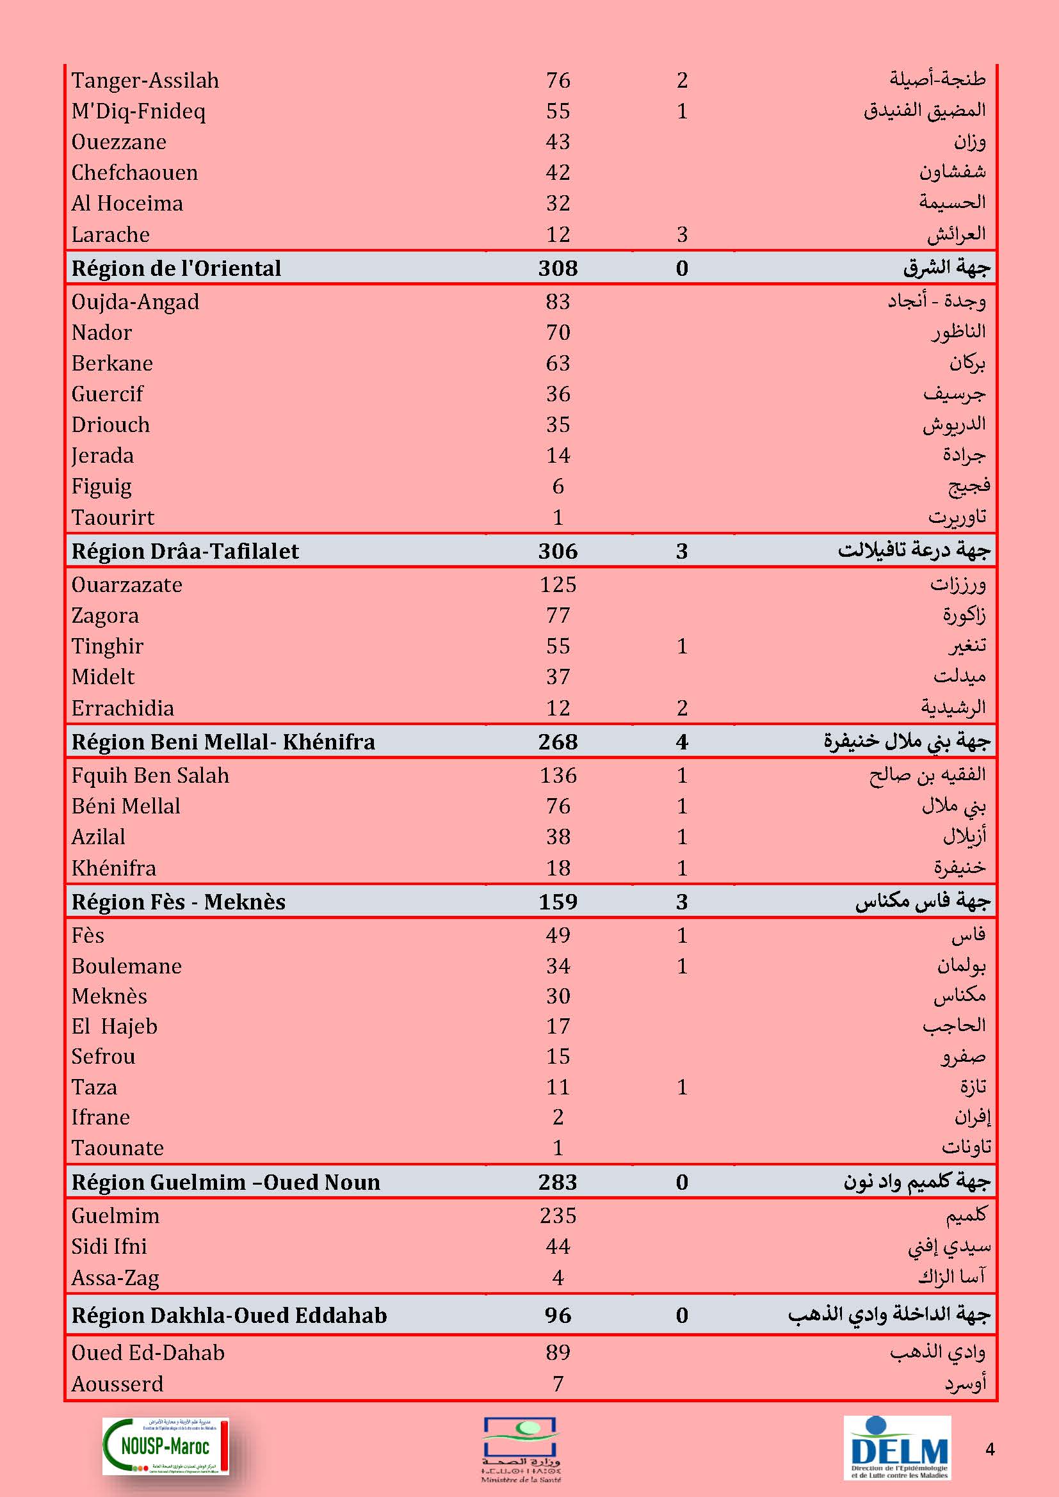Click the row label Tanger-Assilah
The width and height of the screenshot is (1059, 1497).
pos(145,80)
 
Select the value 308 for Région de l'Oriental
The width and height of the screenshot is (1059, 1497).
pos(558,268)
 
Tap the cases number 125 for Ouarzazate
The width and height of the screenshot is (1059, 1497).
pos(558,584)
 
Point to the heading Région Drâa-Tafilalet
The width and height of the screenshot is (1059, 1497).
pos(184,551)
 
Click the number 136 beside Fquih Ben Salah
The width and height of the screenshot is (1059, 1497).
pos(558,775)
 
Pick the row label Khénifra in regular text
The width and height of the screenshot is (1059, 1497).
pos(113,868)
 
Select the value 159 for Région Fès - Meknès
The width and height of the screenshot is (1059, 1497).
pos(558,902)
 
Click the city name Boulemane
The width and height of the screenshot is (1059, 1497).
pos(127,966)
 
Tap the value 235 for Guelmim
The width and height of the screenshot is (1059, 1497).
pos(558,1215)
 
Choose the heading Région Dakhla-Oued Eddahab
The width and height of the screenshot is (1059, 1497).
pos(229,1315)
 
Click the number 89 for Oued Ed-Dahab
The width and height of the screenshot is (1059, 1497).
pos(558,1352)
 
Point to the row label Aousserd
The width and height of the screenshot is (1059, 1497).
pos(117,1384)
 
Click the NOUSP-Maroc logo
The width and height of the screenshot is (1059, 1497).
pos(166,1446)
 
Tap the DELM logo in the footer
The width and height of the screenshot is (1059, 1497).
pos(897,1447)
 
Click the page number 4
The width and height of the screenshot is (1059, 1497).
pos(990,1450)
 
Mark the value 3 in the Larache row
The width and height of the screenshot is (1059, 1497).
pos(682,234)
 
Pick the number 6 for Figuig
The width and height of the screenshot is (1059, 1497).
pos(558,486)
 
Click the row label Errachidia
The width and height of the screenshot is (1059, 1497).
pos(122,708)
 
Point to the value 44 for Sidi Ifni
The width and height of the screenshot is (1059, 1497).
pos(558,1246)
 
